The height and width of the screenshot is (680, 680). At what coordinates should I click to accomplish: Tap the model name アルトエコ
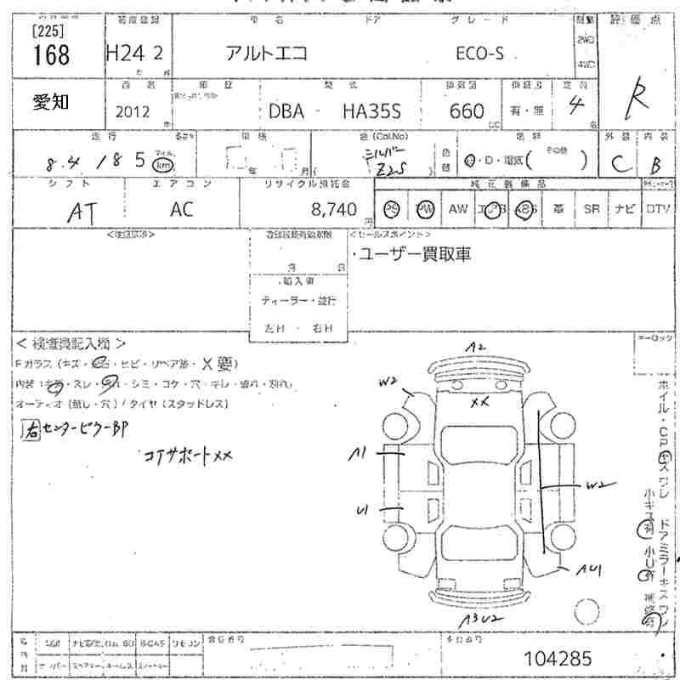point(265,54)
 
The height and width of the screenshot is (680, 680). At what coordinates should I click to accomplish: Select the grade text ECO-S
point(480,54)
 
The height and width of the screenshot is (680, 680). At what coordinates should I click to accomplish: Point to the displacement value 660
point(467,111)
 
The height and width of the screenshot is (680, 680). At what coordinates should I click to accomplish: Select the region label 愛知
point(52,103)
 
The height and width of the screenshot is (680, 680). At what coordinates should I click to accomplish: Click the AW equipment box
point(458,209)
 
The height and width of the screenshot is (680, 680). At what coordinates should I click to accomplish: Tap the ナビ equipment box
point(625,209)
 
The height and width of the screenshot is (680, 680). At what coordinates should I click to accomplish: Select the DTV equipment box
point(657,209)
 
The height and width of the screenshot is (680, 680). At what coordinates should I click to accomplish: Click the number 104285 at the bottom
point(559,658)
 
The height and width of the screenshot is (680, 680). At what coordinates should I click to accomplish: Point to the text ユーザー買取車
point(412,253)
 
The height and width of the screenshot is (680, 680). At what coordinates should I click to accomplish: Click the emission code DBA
point(286,111)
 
